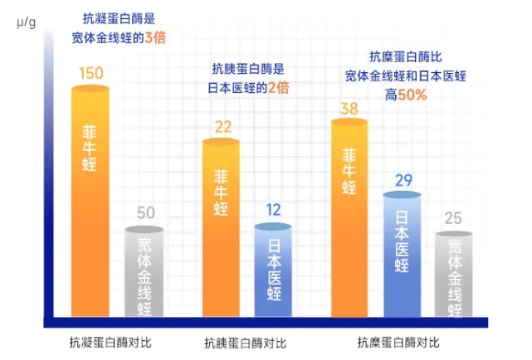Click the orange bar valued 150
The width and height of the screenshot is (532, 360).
pos(90,199)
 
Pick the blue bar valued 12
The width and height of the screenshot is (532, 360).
pos(274,270)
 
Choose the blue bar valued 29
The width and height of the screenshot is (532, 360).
pos(402,253)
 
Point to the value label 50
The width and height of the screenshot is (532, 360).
pos(145,213)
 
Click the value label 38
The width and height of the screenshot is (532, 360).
pos(349,107)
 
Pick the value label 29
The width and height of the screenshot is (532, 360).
pos(403,180)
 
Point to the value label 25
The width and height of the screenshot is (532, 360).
pos(454,219)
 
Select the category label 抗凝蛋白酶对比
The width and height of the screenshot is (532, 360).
pos(110,341)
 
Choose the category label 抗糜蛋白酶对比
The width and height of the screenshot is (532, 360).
pos(398,341)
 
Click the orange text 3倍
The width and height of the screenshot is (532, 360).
pos(157,36)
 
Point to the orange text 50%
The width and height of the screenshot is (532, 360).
pos(412,95)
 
